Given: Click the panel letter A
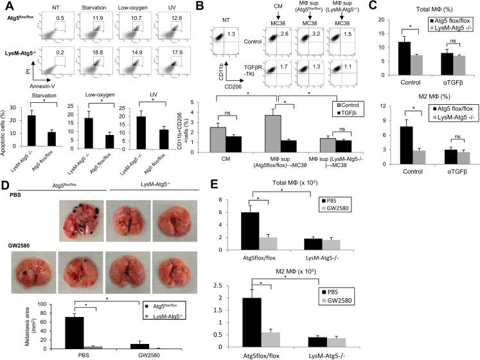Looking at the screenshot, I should click(6, 6).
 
